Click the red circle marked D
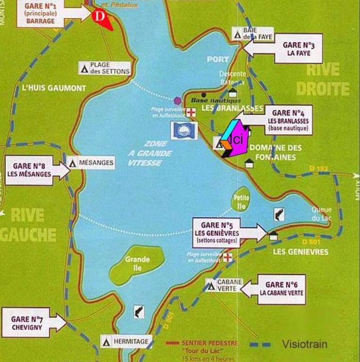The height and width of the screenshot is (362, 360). [99, 15]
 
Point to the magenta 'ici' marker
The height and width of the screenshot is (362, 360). [238, 139]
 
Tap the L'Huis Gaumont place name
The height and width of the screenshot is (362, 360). [54, 88]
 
